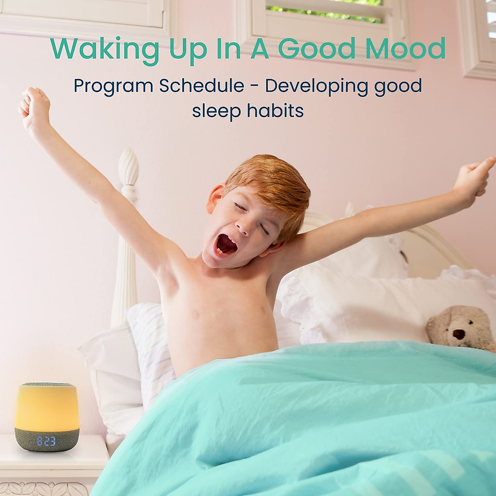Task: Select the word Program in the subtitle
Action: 113,86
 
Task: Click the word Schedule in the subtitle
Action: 202,86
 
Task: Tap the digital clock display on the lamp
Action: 45,441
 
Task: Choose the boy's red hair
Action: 269,182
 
